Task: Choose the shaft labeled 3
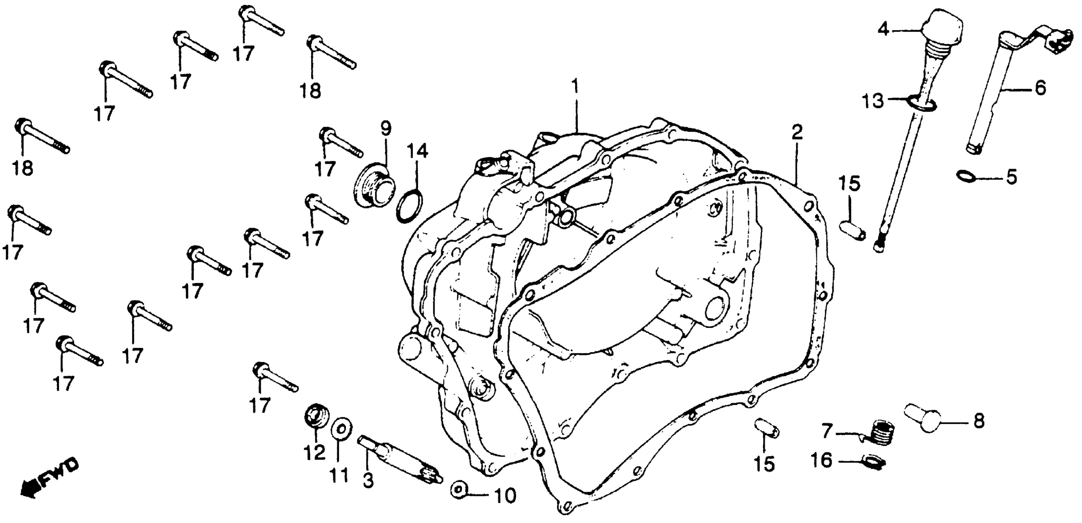(x=399, y=460)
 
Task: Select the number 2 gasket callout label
(x=796, y=132)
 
